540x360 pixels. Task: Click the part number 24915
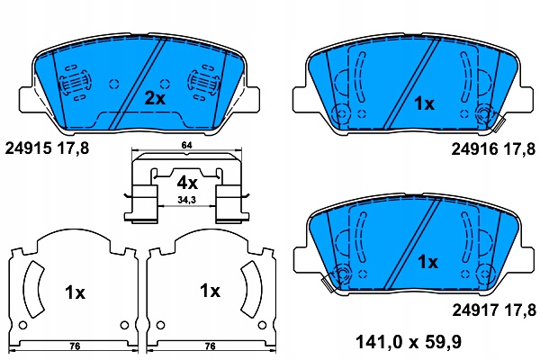pos(28,148)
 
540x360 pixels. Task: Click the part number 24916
pos(474,149)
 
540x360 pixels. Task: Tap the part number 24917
pos(475,310)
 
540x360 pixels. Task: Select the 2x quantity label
pos(155,98)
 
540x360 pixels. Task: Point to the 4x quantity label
pos(187,183)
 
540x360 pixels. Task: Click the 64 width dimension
pos(186,145)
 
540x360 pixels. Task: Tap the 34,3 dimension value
pos(186,200)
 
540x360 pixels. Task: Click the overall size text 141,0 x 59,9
pos(409,342)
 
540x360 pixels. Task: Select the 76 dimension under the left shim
pos(75,346)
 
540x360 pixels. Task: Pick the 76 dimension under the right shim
pos(210,346)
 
